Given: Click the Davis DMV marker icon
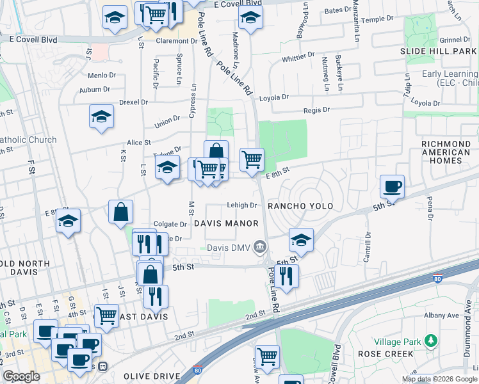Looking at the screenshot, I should (260, 246).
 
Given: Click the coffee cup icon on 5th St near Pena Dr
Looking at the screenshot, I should (392, 186).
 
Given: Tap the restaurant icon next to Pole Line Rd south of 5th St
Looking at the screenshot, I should (286, 276).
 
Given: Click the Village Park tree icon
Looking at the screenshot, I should (432, 339).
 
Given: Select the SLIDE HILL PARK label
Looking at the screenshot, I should (439, 51).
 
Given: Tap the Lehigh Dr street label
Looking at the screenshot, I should (241, 205).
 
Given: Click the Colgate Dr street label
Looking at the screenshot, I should (170, 225).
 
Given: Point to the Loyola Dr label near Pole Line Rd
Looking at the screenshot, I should (274, 97).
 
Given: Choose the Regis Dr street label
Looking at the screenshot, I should (316, 110).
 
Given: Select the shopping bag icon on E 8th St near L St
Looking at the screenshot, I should (120, 211).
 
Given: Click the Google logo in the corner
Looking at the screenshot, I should (21, 376).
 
